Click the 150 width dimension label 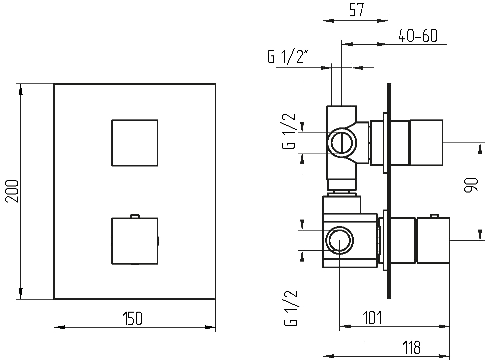(132, 319)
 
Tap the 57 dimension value (357, 10)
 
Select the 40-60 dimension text (418, 36)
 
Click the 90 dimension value (471, 185)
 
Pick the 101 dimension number (372, 318)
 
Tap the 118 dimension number (412, 347)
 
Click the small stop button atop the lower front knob (135, 216)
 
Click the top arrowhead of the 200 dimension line (21, 89)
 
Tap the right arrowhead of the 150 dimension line (210, 327)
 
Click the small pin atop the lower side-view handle (433, 216)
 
